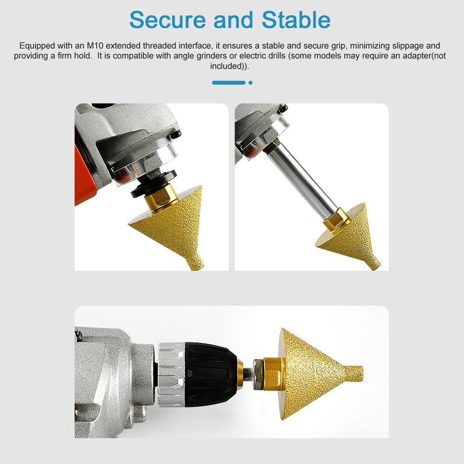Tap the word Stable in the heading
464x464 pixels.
296,20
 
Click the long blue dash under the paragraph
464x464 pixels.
228,83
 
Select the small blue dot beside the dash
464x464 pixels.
251,83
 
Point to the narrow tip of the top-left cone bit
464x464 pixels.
195,263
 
